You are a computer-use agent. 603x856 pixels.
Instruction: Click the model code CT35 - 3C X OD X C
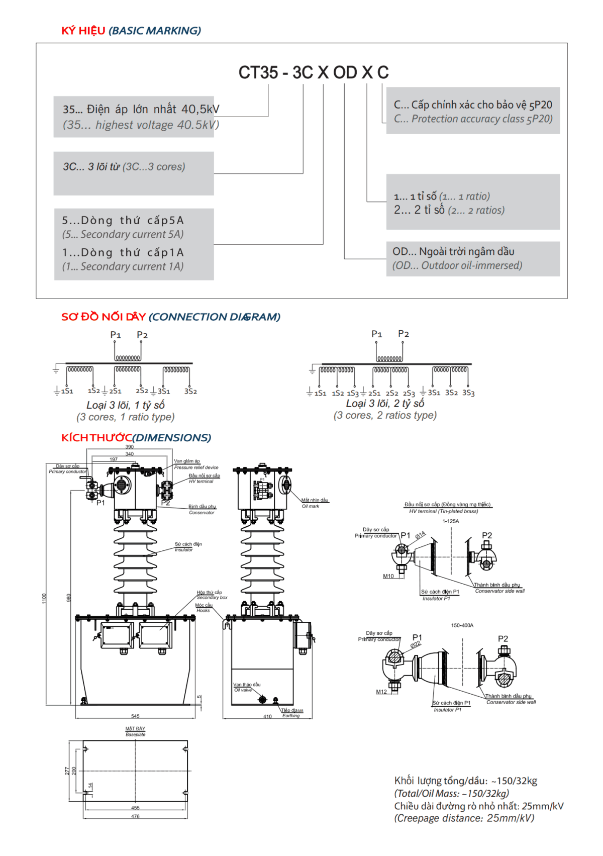click(313, 73)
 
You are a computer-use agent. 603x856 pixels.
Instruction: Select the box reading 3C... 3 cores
click(124, 167)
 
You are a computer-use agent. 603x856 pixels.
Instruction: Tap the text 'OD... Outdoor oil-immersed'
click(457, 266)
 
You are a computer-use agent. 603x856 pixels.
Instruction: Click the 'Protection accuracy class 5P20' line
click(473, 119)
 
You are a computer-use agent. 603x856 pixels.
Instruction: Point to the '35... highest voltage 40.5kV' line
click(141, 125)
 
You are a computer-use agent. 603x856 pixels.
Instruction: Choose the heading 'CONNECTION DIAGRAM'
click(215, 317)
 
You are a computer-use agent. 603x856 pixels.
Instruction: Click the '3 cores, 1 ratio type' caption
click(126, 417)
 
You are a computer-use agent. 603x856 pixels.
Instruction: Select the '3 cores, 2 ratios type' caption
click(385, 416)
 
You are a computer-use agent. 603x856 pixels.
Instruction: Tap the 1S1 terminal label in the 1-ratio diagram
click(67, 391)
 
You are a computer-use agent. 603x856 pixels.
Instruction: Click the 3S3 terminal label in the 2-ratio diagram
click(468, 393)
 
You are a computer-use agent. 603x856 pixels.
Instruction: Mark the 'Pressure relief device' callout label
click(196, 467)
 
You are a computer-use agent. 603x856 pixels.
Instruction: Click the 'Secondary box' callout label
click(212, 598)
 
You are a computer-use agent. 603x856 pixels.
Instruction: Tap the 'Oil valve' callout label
click(243, 690)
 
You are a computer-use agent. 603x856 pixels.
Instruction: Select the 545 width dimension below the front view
click(135, 716)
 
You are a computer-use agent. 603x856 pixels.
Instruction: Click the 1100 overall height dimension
click(44, 598)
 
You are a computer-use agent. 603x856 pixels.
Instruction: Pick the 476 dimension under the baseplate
click(135, 816)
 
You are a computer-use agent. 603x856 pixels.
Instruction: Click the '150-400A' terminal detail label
click(462, 626)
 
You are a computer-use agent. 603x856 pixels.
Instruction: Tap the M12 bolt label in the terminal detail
click(381, 692)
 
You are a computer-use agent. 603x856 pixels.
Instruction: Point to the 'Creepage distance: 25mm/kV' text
click(464, 818)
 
